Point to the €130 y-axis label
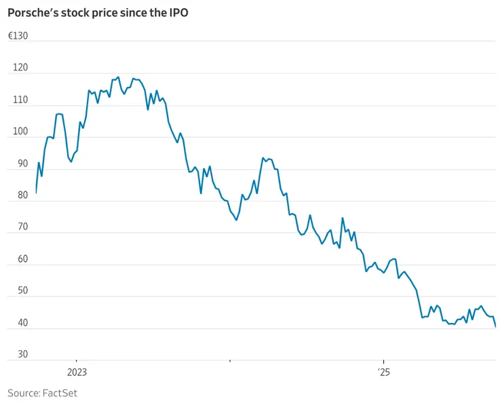pyautogui.click(x=18, y=36)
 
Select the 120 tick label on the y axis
pyautogui.click(x=20, y=68)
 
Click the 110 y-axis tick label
pyautogui.click(x=20, y=100)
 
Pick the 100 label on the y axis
pyautogui.click(x=20, y=132)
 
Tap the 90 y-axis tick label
pyautogui.click(x=23, y=164)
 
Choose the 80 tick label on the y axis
pyautogui.click(x=23, y=195)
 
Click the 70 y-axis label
pyautogui.click(x=23, y=227)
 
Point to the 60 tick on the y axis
pyautogui.click(x=23, y=259)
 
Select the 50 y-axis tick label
pyautogui.click(x=23, y=291)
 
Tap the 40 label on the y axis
pyautogui.click(x=23, y=323)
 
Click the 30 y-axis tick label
pyautogui.click(x=23, y=355)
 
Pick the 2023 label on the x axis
pyautogui.click(x=77, y=372)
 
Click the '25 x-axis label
pyautogui.click(x=383, y=372)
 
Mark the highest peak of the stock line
pyautogui.click(x=118, y=77)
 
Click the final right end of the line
pyautogui.click(x=495, y=327)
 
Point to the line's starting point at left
pyautogui.click(x=36, y=193)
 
